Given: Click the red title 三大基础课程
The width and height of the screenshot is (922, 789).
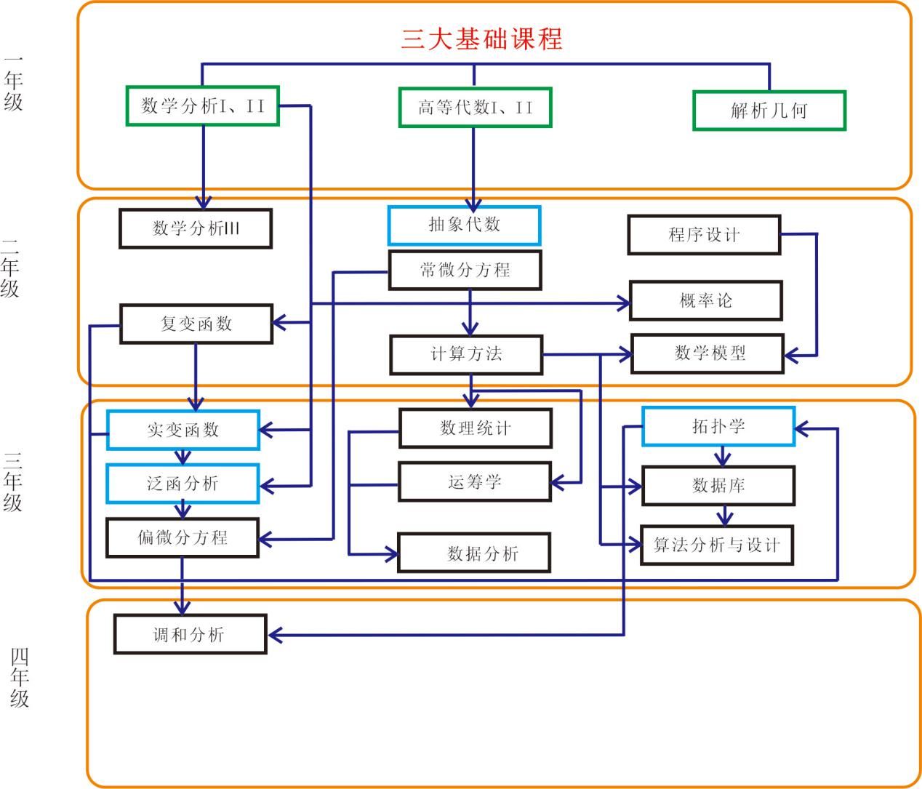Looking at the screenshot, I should point(481,39).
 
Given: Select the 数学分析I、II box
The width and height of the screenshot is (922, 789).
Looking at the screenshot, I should point(202,106).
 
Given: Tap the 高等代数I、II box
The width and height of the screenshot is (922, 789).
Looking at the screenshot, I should point(475,108).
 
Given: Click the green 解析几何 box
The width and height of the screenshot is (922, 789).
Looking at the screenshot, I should point(769,111).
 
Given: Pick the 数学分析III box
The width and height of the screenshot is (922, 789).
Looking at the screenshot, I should point(196,228).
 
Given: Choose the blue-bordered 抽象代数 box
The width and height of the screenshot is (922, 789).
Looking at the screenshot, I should point(464,225).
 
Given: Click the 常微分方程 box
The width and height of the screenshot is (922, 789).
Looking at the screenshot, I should point(465,271).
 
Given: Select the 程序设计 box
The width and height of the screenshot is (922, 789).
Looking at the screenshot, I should point(703,235).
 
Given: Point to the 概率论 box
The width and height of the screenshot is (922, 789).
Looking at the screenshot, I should point(705,300).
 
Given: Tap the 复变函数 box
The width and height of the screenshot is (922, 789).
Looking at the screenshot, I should point(196,324).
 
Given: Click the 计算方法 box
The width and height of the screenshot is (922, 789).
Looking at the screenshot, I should point(466,354).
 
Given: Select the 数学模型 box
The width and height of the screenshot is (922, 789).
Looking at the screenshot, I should point(707,353).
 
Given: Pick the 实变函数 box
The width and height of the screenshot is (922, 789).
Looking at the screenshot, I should point(183,430).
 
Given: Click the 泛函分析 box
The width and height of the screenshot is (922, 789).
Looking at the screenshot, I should point(183,484).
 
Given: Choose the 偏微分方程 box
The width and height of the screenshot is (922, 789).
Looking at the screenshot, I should point(183,537).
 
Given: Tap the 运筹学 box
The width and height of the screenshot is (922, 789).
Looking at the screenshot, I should point(474,481).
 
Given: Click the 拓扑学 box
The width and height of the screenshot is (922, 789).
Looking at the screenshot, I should point(718,426).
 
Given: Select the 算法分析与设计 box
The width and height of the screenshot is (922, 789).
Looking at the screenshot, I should point(716,545).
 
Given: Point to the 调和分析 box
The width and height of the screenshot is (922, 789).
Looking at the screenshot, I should point(189,634).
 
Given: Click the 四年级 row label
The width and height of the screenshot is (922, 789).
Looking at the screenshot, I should point(20,678).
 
